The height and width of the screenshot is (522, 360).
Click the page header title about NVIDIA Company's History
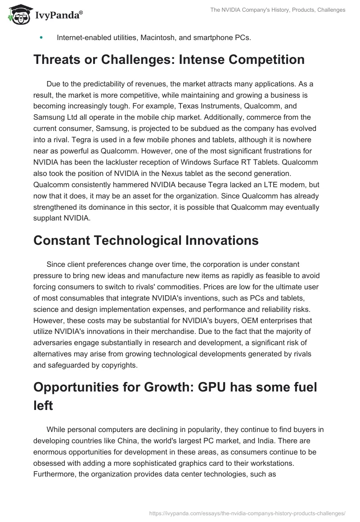pyautogui.click(x=278, y=10)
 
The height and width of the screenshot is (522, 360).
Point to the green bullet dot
pyautogui.click(x=41, y=38)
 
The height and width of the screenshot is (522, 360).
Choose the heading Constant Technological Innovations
pyautogui.click(x=146, y=240)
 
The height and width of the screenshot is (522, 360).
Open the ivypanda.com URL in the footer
pyautogui.click(x=247, y=513)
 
